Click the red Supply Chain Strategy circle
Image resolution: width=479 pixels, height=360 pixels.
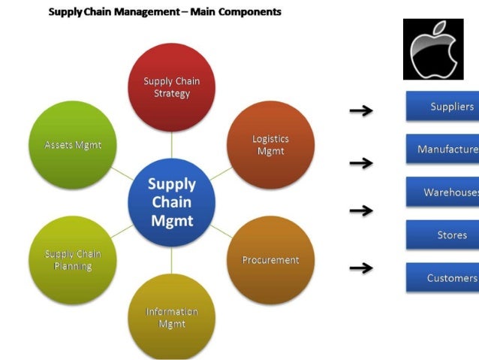(172, 87)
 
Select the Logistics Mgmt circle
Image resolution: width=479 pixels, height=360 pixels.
(270, 145)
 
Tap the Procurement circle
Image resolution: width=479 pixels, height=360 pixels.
(270, 260)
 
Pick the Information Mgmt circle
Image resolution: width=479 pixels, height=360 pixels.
(172, 316)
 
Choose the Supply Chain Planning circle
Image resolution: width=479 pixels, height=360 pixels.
(73, 260)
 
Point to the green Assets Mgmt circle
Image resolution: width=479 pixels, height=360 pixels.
(73, 145)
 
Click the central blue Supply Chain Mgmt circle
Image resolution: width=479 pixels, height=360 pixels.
(172, 201)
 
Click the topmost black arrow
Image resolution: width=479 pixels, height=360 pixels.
(361, 111)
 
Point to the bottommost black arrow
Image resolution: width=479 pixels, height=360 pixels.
(361, 267)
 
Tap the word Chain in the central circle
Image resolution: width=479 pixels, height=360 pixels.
(172, 202)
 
